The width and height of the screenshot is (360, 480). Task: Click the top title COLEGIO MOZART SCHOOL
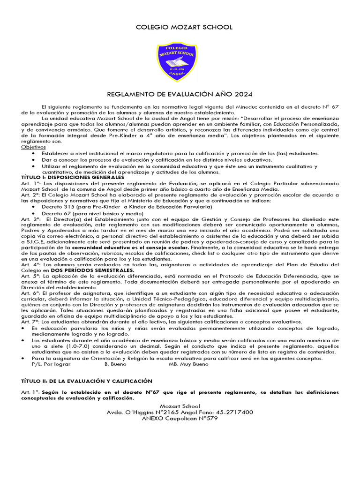coord(184,27)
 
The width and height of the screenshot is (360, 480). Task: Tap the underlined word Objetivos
coord(34,147)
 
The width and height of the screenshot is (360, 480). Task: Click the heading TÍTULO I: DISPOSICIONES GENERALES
coord(73,178)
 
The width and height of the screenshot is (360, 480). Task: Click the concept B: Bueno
coord(115,364)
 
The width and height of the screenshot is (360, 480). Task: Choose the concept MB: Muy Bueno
coord(188,364)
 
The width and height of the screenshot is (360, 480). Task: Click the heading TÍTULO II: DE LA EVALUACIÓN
coord(87,382)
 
